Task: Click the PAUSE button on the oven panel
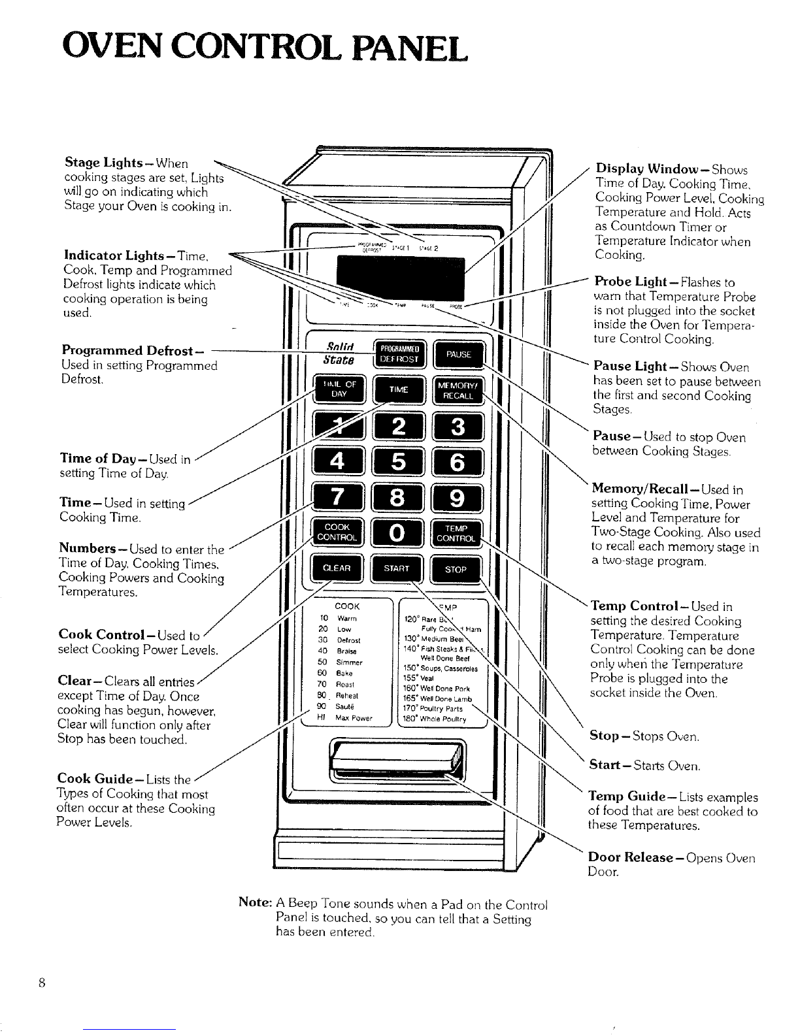point(458,355)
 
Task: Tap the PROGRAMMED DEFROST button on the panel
point(398,355)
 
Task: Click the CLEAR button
point(338,568)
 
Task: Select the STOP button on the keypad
point(456,569)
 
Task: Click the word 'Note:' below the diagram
point(255,904)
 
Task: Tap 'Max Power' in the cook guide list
point(354,718)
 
